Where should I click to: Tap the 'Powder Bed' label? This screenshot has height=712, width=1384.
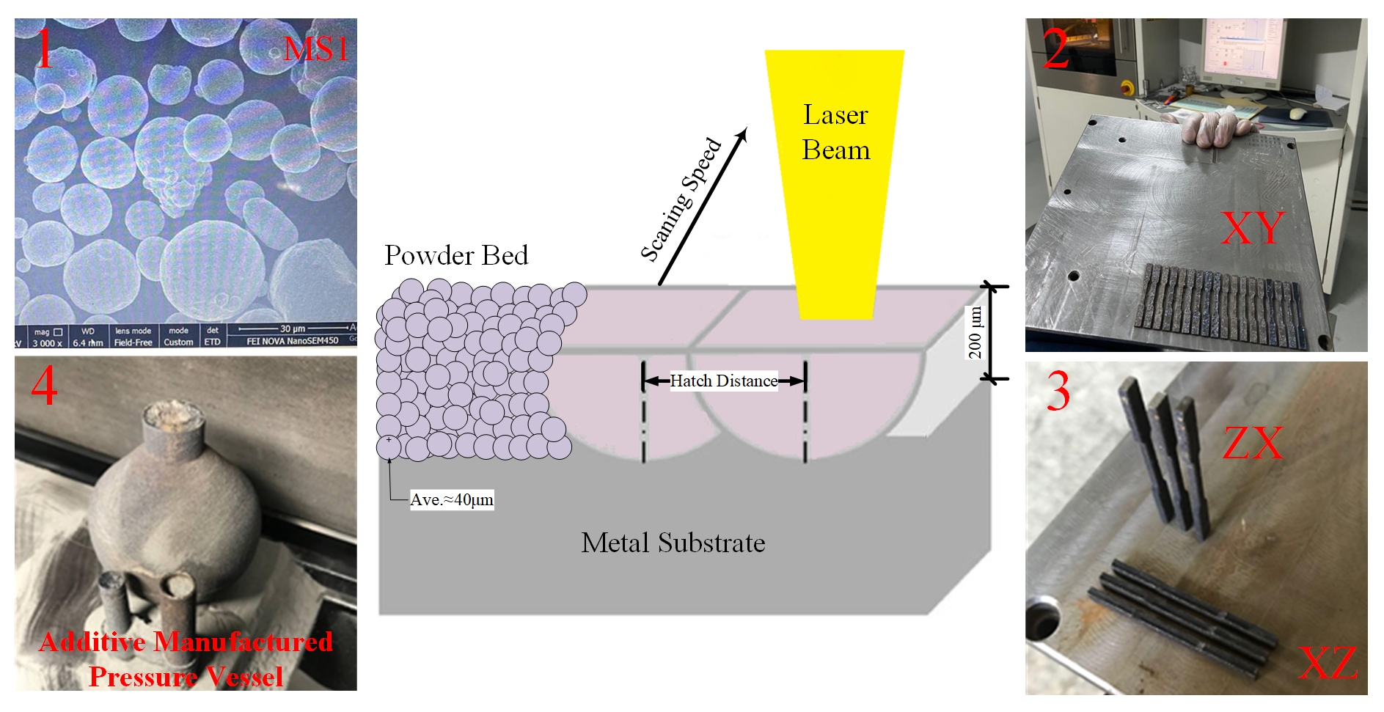tap(456, 256)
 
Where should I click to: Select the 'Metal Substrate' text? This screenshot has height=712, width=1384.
tap(673, 543)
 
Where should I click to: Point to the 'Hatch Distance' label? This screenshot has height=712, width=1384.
tap(723, 381)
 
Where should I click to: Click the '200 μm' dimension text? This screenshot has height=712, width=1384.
tap(975, 333)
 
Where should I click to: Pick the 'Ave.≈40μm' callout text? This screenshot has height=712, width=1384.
tap(451, 500)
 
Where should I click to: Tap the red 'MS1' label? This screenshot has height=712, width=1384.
tap(315, 50)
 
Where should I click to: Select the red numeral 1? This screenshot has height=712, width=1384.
tap(44, 48)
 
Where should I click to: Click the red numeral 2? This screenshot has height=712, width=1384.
tap(1056, 50)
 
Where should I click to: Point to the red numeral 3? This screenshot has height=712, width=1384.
tap(1058, 392)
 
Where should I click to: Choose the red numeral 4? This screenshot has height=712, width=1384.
tap(44, 386)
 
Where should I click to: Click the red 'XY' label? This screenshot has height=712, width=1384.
tap(1252, 228)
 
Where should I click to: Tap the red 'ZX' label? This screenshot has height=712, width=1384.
tap(1253, 443)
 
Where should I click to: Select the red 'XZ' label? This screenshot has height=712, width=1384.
tap(1328, 664)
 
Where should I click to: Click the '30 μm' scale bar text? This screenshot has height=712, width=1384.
tap(293, 329)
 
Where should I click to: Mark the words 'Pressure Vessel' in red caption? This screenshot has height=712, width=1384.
tap(186, 676)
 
